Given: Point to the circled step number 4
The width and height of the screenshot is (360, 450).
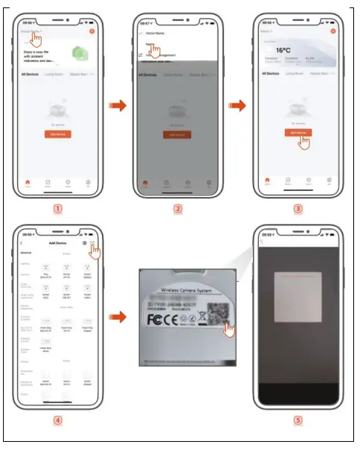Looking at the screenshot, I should pyautogui.click(x=57, y=420).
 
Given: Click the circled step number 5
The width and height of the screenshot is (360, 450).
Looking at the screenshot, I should pyautogui.click(x=298, y=420).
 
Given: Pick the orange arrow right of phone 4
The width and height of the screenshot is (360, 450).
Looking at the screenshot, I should pyautogui.click(x=118, y=318).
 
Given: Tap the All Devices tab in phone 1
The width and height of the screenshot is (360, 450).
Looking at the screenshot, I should pyautogui.click(x=31, y=74).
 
